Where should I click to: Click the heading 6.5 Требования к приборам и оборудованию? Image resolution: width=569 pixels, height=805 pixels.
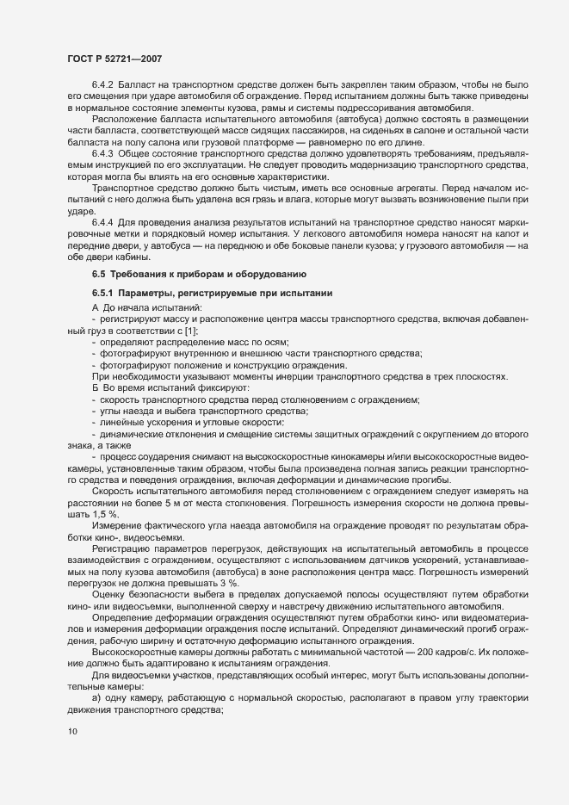pos(198,274)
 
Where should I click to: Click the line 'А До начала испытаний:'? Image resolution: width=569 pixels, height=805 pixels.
pos(147,307)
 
